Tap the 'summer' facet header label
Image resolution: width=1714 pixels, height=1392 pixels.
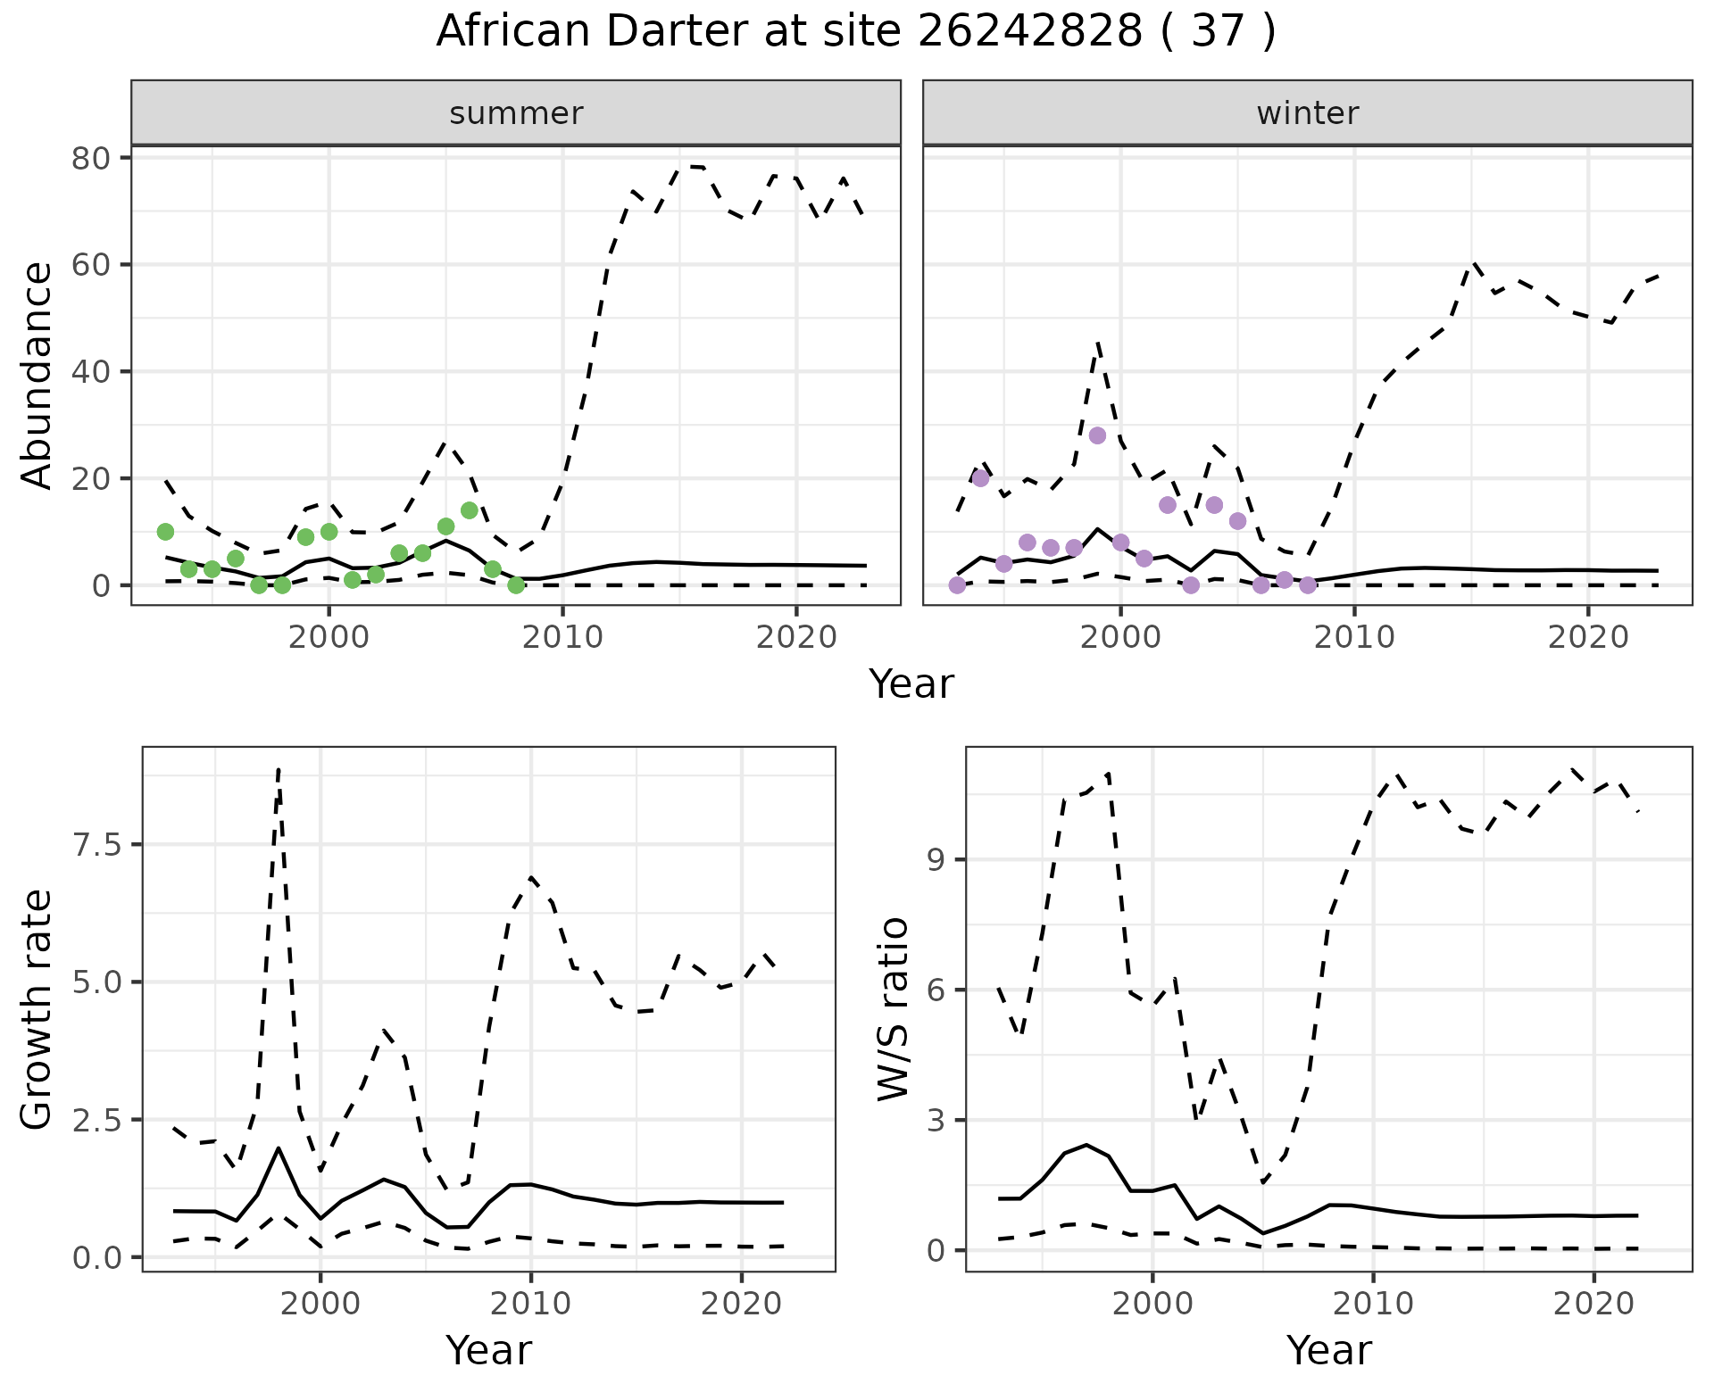(x=516, y=113)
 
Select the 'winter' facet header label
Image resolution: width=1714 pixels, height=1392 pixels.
(x=1307, y=113)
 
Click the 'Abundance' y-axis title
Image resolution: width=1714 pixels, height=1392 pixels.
(x=37, y=375)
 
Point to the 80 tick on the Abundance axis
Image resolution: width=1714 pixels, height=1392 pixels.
(x=90, y=158)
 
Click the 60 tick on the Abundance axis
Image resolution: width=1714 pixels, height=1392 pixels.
(x=90, y=265)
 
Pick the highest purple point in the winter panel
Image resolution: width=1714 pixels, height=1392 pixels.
(x=1097, y=435)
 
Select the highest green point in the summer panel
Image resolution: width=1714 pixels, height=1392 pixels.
(x=469, y=510)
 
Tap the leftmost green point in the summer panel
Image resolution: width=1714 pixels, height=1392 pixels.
(x=165, y=532)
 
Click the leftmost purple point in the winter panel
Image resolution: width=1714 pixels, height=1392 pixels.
(x=957, y=585)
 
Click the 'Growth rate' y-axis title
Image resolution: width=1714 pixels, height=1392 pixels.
(x=37, y=1009)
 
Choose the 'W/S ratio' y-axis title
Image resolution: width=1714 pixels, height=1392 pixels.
(x=893, y=1009)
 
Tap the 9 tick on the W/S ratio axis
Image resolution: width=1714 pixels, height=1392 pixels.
(x=935, y=860)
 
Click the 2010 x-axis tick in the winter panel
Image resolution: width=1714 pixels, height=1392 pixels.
(x=1354, y=637)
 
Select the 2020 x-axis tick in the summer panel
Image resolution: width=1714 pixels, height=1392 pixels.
(x=795, y=637)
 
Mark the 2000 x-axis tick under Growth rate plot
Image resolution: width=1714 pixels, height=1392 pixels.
(x=320, y=1304)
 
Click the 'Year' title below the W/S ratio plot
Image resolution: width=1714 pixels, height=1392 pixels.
(x=1328, y=1350)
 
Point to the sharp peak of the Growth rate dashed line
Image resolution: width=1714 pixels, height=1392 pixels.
(x=279, y=769)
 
